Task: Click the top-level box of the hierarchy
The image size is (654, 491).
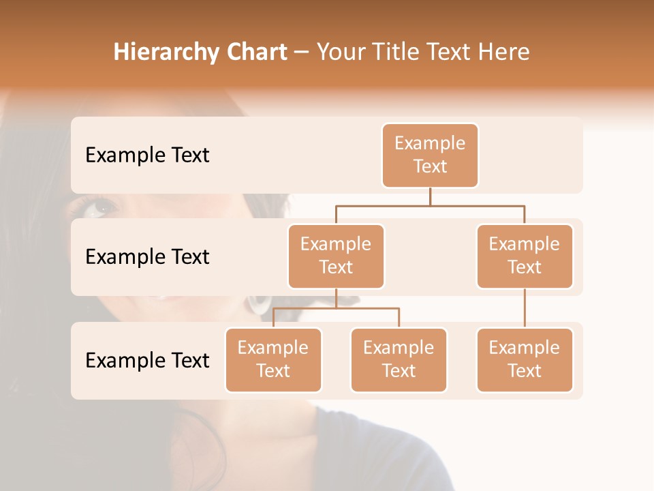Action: pyautogui.click(x=430, y=155)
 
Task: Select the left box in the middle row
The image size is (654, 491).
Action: pyautogui.click(x=336, y=256)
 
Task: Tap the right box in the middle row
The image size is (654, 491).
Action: pyautogui.click(x=525, y=256)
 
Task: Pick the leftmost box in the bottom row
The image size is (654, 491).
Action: pyautogui.click(x=273, y=360)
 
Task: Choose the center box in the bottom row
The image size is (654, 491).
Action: pyautogui.click(x=399, y=360)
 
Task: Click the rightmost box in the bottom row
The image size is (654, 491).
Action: pyautogui.click(x=525, y=360)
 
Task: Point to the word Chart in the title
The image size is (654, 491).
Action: pyautogui.click(x=255, y=52)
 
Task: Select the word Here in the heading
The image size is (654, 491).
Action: pyautogui.click(x=504, y=52)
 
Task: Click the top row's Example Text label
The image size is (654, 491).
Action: pyautogui.click(x=147, y=155)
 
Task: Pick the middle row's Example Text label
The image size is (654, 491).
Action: pyautogui.click(x=147, y=257)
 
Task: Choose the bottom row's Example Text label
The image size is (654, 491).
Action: pyautogui.click(x=147, y=361)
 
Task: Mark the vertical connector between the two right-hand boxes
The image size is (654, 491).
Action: pyautogui.click(x=525, y=308)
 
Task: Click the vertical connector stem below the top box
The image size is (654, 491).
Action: pyautogui.click(x=430, y=196)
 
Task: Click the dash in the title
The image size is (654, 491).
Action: pyautogui.click(x=301, y=53)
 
